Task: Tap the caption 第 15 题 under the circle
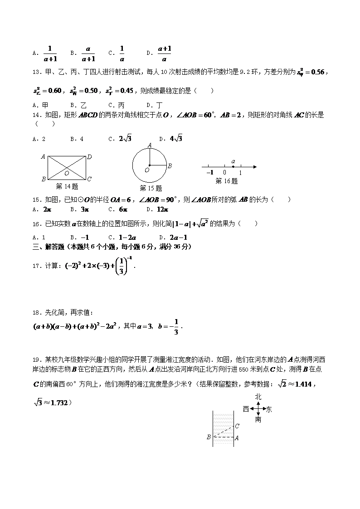(151, 189)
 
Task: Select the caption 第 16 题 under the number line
(226, 181)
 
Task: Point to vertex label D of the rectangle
(90, 157)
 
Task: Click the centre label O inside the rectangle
(67, 173)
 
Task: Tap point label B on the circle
(170, 166)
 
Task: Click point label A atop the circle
(150, 145)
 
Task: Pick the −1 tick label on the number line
(209, 173)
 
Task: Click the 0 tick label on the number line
(224, 173)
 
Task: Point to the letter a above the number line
(233, 161)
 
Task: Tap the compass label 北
(258, 397)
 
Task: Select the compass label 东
(269, 410)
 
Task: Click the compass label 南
(258, 420)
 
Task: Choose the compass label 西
(246, 409)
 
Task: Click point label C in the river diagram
(237, 426)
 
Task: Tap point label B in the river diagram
(209, 437)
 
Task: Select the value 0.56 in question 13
(314, 72)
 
